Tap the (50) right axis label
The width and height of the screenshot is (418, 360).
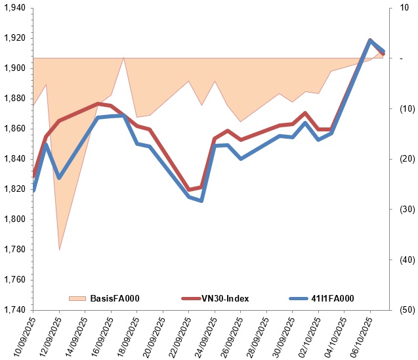(x=398, y=310)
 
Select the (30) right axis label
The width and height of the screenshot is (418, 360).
(x=398, y=210)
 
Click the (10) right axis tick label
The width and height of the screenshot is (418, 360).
(x=398, y=109)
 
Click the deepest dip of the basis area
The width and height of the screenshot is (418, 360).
(x=59, y=250)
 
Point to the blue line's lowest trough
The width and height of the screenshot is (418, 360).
(x=201, y=200)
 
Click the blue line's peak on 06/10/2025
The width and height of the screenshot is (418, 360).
(x=370, y=40)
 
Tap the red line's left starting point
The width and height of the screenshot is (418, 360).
(x=33, y=175)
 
